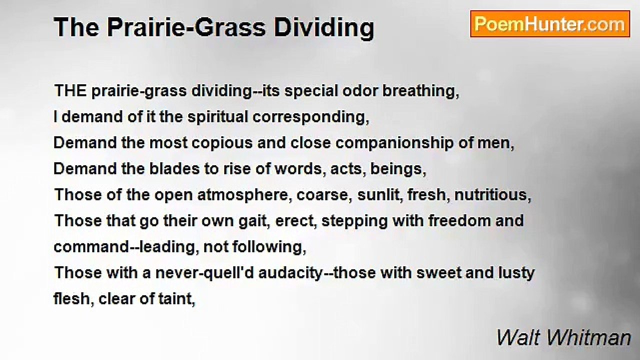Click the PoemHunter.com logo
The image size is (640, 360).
coord(550,24)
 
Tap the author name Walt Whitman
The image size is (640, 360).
coord(563,338)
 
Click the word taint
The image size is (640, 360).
coord(177,299)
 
